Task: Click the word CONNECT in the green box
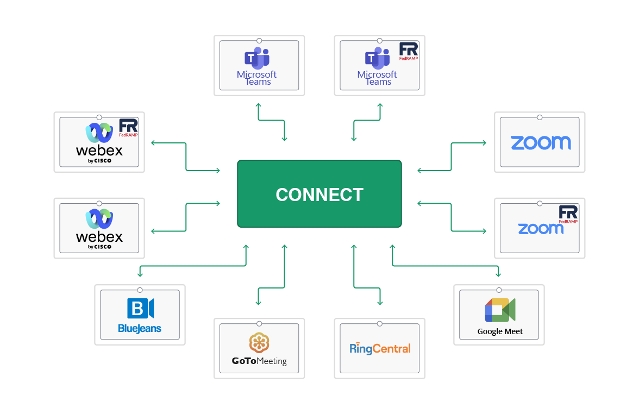point(319,195)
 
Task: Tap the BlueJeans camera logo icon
point(140,308)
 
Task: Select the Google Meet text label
point(500,331)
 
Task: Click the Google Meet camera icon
point(500,310)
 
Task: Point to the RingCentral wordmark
point(380,348)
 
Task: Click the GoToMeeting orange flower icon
point(259,342)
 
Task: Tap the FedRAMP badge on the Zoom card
point(568,214)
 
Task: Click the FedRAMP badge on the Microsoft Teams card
point(409,52)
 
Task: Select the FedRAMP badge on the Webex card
point(129,128)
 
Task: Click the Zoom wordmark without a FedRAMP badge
point(540,142)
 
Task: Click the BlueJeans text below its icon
point(140,329)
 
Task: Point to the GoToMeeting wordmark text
point(259,361)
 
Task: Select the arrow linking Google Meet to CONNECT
point(446,266)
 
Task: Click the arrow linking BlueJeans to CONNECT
point(193,266)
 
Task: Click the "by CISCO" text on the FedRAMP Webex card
point(99,161)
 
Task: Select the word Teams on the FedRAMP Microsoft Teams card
point(378,82)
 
